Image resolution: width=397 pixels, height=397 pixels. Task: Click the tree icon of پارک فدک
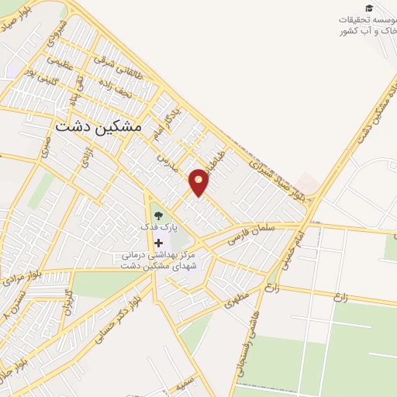coord(158,215)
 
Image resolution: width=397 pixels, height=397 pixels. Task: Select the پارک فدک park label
coord(158,227)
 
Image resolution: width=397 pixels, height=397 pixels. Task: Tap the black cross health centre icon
coord(158,243)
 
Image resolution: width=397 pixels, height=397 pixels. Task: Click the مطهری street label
coord(240,300)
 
